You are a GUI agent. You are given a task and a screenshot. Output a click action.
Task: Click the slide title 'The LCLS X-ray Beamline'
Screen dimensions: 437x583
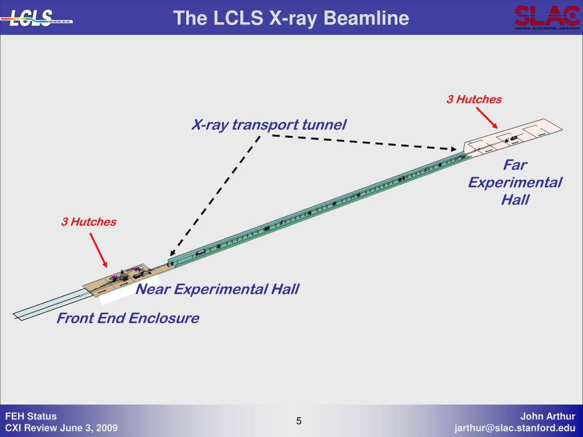(291, 18)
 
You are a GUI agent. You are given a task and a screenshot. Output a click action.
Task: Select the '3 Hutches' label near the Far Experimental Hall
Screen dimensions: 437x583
(474, 100)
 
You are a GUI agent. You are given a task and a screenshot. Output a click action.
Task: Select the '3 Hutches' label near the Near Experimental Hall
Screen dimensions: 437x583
(89, 222)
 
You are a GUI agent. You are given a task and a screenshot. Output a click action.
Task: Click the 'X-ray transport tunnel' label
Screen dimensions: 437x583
(268, 125)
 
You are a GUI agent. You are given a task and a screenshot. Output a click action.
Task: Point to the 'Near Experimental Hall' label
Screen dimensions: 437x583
(217, 289)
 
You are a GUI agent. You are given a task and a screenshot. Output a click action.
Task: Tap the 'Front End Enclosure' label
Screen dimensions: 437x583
(128, 318)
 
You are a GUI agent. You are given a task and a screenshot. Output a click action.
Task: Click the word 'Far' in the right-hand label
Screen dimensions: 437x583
(515, 165)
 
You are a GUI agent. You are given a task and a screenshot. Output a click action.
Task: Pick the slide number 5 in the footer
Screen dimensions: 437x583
(298, 421)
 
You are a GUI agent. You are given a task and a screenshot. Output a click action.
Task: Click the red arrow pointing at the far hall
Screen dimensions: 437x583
(486, 117)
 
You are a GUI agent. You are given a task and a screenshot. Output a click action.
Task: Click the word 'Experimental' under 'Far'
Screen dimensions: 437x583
(515, 183)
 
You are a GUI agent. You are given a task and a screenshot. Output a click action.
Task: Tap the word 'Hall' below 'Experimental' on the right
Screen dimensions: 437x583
(515, 200)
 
